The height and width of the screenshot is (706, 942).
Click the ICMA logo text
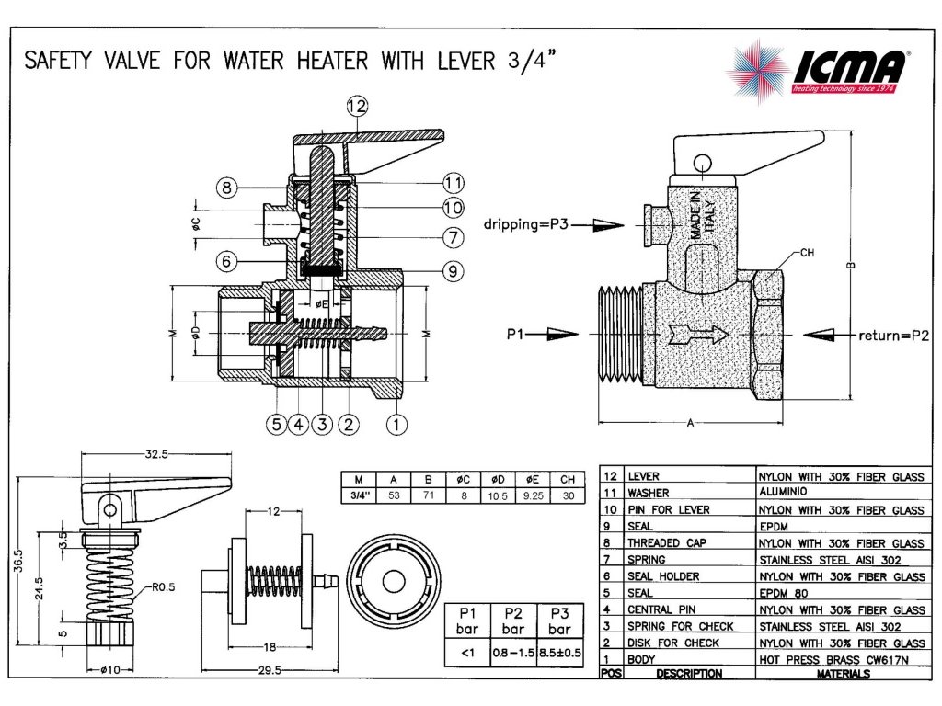pyautogui.click(x=849, y=69)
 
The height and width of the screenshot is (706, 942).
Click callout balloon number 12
pyautogui.click(x=357, y=107)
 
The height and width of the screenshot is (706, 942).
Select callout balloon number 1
pyautogui.click(x=396, y=424)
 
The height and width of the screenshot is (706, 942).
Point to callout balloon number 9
pyautogui.click(x=452, y=271)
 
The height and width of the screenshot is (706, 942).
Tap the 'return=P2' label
pyautogui.click(x=893, y=335)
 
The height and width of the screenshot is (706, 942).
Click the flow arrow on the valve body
pyautogui.click(x=695, y=334)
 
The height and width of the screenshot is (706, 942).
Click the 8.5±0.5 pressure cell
pyautogui.click(x=559, y=653)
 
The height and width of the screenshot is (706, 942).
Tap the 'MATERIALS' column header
pyautogui.click(x=844, y=674)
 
